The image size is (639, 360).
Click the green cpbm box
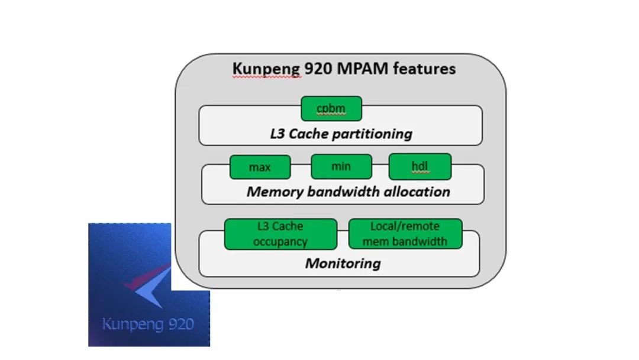point(331,109)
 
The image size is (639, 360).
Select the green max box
point(260,168)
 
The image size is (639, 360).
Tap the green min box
point(341,166)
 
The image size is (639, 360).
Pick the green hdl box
point(419,166)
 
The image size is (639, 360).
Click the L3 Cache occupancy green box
point(280,234)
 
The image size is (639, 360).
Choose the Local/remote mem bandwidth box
point(405,234)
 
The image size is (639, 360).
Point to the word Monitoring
point(343,263)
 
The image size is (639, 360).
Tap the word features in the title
point(424,69)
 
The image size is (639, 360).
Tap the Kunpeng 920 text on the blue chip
point(147,324)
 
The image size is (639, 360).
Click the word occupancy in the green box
point(280,242)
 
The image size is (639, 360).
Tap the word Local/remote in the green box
point(405,226)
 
